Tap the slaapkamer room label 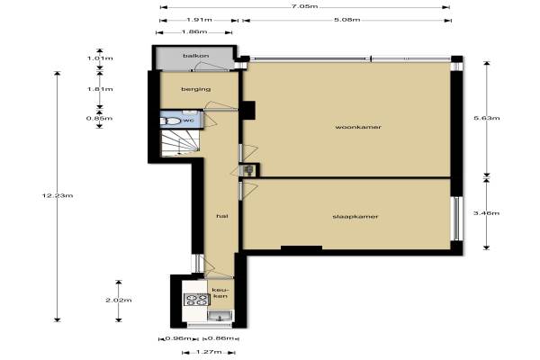[x=355, y=217]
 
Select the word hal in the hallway [x=222, y=216]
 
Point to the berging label [x=196, y=89]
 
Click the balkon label [x=195, y=56]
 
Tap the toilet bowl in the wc [x=170, y=121]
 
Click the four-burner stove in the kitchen [x=196, y=300]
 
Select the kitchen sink [x=220, y=316]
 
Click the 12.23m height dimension [x=58, y=195]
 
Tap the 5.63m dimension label [x=487, y=118]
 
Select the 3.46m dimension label [x=487, y=213]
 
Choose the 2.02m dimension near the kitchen [x=119, y=300]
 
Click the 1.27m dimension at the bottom [x=209, y=352]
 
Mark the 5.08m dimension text [x=347, y=20]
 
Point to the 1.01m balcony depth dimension [x=100, y=58]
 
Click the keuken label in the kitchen [x=220, y=292]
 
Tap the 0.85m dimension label [x=99, y=119]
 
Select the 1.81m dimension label [x=100, y=89]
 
